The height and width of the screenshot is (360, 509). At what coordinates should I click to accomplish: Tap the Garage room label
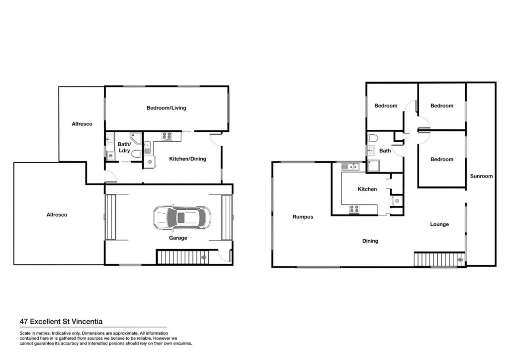click(178, 238)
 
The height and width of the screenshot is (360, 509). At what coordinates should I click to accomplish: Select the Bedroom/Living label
click(166, 108)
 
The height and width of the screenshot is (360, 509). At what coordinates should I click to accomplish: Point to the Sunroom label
click(481, 176)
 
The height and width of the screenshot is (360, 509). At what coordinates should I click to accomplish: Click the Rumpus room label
click(303, 217)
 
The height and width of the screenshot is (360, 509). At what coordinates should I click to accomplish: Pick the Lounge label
click(439, 224)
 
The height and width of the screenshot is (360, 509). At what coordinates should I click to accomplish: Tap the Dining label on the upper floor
click(370, 241)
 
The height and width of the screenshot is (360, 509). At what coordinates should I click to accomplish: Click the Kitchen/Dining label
click(187, 159)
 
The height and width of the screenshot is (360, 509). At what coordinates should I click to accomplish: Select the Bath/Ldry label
click(124, 147)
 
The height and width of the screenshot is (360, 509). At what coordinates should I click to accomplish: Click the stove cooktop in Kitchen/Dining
click(167, 136)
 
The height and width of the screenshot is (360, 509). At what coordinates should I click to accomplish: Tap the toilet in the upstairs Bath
click(373, 138)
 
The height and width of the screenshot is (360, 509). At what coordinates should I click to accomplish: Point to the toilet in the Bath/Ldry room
click(136, 154)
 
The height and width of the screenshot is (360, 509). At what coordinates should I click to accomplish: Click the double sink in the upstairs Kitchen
click(350, 167)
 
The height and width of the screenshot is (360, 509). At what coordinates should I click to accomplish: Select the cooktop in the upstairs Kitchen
click(354, 209)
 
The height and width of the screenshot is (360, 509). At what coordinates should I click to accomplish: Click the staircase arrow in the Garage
click(204, 258)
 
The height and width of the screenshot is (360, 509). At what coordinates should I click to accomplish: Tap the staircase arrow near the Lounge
click(459, 260)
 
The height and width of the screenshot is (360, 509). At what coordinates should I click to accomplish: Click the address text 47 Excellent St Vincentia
click(61, 322)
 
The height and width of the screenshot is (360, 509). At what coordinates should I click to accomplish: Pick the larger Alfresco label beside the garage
click(57, 215)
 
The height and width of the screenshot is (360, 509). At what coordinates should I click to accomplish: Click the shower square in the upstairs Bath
click(373, 166)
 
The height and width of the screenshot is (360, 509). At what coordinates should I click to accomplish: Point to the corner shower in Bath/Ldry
click(136, 137)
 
